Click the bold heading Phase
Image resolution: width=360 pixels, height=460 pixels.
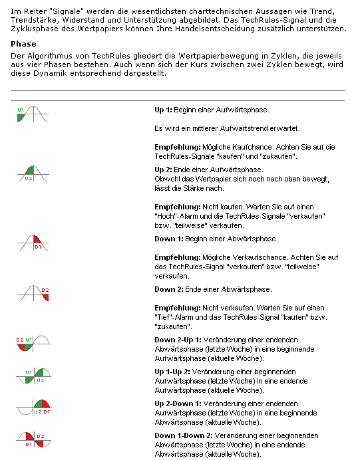(x=23, y=45)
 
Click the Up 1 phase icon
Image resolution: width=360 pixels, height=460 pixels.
(x=33, y=113)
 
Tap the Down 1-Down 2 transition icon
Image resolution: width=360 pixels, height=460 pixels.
(x=33, y=440)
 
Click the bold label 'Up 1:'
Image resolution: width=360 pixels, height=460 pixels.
(x=164, y=108)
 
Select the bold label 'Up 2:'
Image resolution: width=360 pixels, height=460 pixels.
(x=164, y=170)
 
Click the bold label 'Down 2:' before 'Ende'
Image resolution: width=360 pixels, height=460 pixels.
(x=168, y=289)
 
